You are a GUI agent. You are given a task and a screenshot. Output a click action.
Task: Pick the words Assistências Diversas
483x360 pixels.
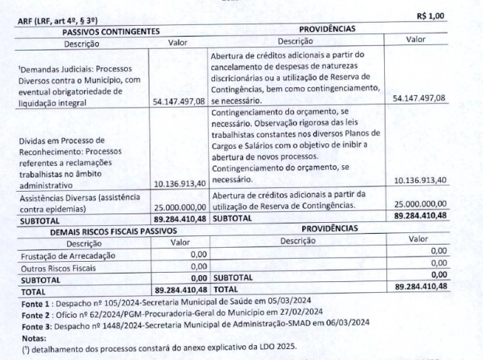[x=52, y=198]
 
